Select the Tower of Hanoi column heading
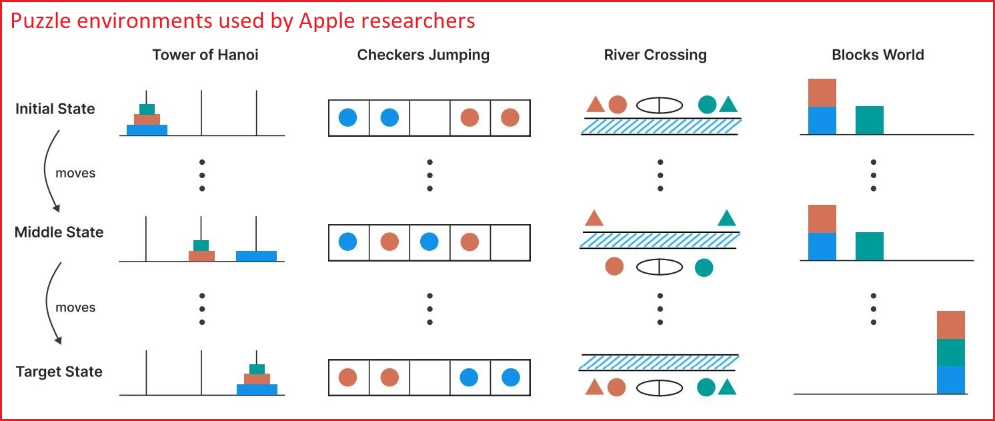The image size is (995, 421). pyautogui.click(x=205, y=55)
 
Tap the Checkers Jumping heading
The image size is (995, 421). pyautogui.click(x=423, y=55)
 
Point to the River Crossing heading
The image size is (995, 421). pyautogui.click(x=655, y=55)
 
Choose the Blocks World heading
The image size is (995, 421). pyautogui.click(x=878, y=55)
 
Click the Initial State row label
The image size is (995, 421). pyautogui.click(x=55, y=109)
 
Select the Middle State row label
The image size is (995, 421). pyautogui.click(x=59, y=232)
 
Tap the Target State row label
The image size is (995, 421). pyautogui.click(x=59, y=372)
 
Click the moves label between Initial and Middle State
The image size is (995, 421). pyautogui.click(x=75, y=173)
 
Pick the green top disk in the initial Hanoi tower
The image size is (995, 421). pyautogui.click(x=147, y=109)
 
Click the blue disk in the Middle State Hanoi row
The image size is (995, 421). pyautogui.click(x=256, y=256)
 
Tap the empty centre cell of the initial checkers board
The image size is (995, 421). pyautogui.click(x=429, y=118)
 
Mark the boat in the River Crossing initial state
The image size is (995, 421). pyautogui.click(x=660, y=105)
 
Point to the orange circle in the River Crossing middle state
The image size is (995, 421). pyautogui.click(x=614, y=267)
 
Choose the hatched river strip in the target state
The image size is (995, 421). pyautogui.click(x=660, y=362)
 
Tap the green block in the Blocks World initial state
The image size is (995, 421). pyautogui.click(x=869, y=120)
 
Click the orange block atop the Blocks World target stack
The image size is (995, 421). pyautogui.click(x=950, y=325)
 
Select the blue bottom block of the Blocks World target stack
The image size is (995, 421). pyautogui.click(x=950, y=380)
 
